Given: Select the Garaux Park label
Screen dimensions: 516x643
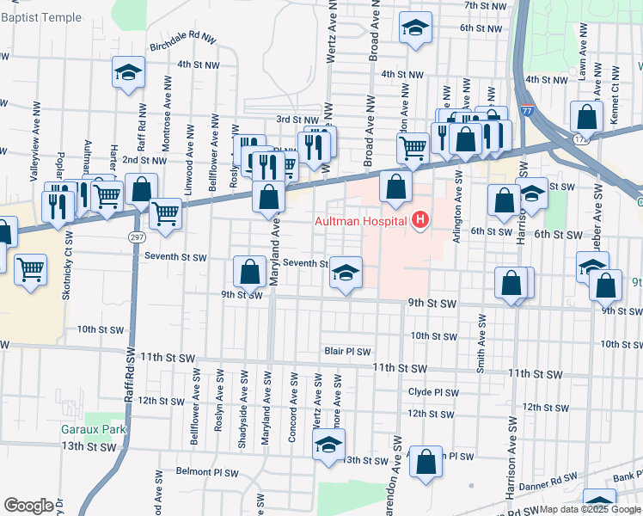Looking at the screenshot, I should point(94,429).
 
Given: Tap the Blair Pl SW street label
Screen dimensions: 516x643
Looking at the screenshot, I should point(347,352).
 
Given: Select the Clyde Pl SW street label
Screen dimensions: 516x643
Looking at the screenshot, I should point(432,391).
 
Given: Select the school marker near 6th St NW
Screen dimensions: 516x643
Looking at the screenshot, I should point(415,28).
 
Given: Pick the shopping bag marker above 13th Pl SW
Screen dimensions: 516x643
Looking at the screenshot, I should point(426,462).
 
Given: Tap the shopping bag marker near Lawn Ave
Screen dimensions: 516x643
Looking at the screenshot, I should point(586,116).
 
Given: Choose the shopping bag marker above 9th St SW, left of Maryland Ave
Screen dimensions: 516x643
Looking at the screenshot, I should point(249,272).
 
